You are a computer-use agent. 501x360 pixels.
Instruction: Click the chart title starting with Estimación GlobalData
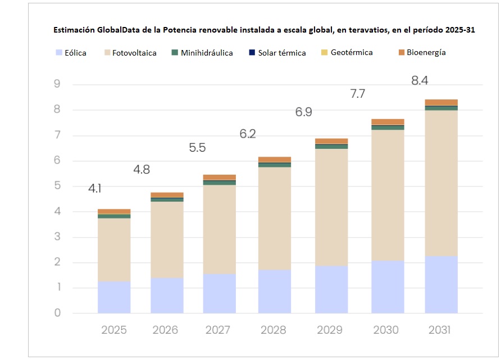coord(264,30)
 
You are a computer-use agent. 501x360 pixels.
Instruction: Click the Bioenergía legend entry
coord(422,53)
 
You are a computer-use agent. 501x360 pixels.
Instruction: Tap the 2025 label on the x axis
coord(114,330)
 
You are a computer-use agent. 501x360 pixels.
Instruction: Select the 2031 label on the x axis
coord(440,330)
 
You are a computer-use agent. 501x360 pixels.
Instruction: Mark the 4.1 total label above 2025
coord(95,189)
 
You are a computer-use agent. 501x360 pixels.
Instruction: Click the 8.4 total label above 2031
coord(420,81)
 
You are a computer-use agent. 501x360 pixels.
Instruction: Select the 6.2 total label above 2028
coord(247,134)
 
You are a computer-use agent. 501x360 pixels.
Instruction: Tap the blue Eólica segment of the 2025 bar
coord(114,297)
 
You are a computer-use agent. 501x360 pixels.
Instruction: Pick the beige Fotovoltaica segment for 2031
coord(441,183)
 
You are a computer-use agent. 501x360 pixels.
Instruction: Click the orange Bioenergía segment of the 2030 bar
coord(388,122)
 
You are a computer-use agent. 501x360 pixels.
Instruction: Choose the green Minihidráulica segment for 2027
coord(220,183)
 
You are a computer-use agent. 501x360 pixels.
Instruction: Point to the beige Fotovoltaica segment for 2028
coord(274,218)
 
